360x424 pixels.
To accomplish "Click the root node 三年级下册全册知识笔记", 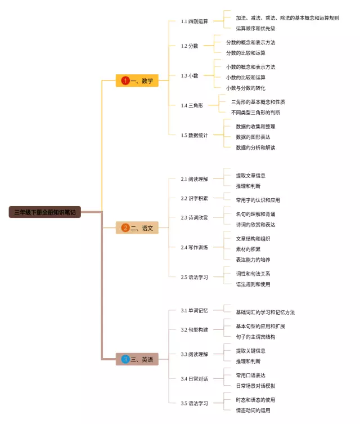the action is pos(45,212).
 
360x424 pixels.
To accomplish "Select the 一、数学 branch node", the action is pos(137,81).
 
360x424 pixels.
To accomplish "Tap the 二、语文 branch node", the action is pos(137,228).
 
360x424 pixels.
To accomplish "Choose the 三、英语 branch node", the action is pos(137,359).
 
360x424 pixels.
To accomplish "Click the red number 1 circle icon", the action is pos(125,81).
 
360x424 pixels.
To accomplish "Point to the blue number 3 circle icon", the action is pos(125,359).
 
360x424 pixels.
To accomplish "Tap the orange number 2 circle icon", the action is pos(125,228).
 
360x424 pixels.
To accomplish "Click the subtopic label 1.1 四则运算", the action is pos(194,21).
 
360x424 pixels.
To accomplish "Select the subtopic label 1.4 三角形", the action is pos(192,105).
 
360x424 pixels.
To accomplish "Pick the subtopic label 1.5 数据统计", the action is pos(194,135).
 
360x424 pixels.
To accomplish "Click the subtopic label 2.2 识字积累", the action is pos(194,198).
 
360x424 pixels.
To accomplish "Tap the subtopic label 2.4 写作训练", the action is pos(194,247).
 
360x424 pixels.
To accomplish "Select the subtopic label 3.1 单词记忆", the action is pos(194,310).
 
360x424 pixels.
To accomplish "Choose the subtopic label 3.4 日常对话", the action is pos(194,378).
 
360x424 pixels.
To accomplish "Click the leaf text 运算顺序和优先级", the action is pos(255,28).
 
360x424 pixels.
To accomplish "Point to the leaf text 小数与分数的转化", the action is pos(246,88).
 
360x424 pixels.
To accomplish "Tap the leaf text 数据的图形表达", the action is pos(253,137).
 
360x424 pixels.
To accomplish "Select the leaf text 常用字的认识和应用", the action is pos(258,200).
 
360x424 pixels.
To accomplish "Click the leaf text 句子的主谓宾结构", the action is pos(255,337).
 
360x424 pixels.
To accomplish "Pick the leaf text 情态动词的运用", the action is pos(253,410).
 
